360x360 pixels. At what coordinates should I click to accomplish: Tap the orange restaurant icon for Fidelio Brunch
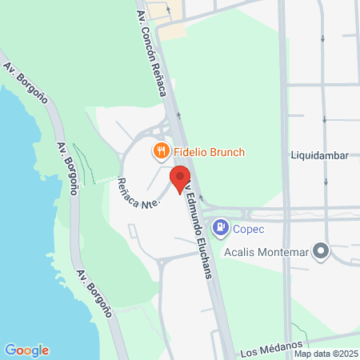click(161, 150)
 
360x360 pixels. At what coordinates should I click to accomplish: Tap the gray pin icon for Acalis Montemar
click(322, 251)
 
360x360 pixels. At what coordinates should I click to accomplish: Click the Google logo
click(26, 350)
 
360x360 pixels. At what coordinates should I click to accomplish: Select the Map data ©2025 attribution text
click(325, 354)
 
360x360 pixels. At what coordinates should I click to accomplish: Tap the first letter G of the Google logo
click(10, 350)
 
